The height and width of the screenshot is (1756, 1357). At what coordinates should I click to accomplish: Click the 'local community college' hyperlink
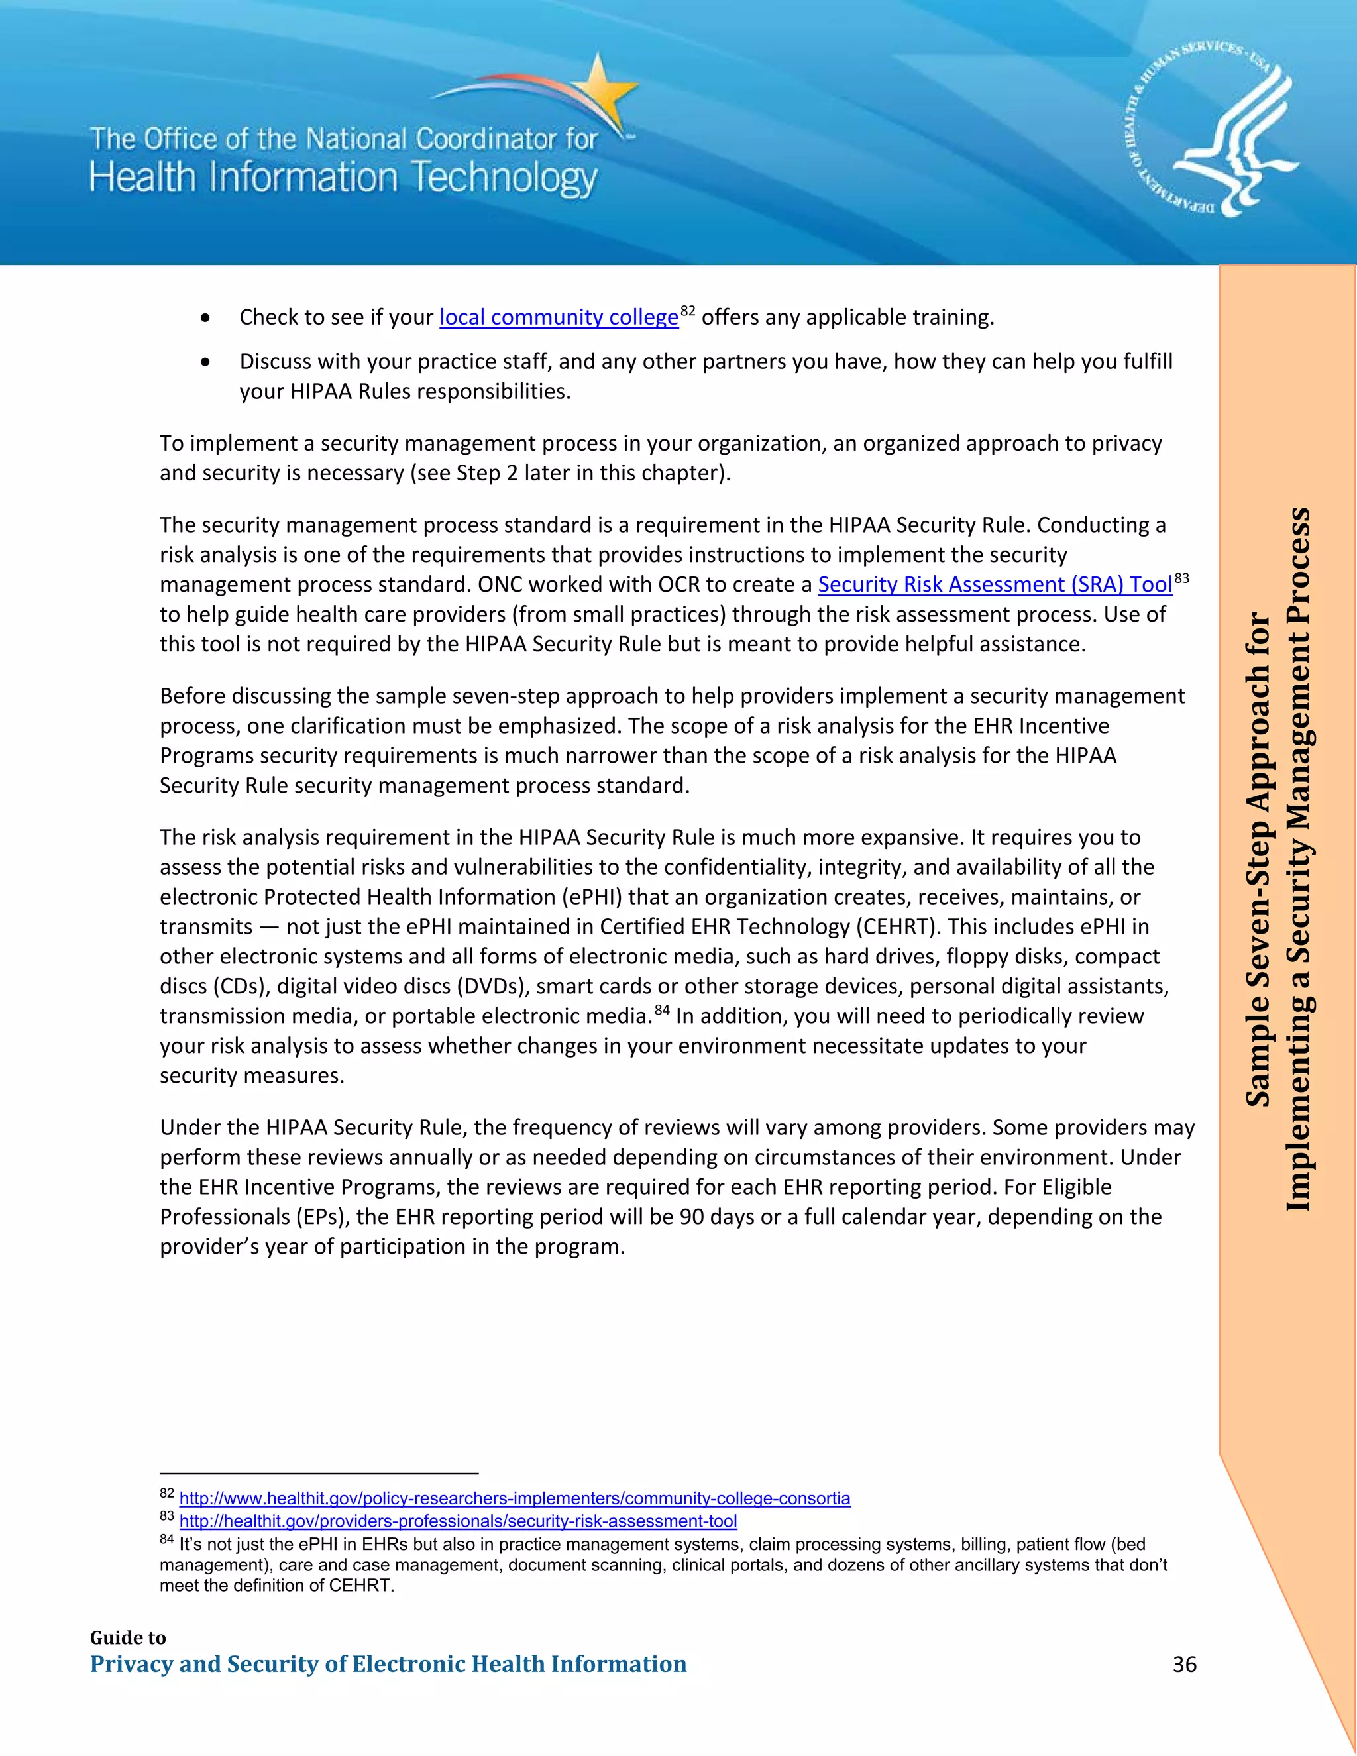click(559, 317)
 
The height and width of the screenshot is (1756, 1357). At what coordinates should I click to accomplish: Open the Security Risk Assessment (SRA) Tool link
click(995, 584)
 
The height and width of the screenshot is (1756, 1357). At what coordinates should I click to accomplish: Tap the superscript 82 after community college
click(687, 310)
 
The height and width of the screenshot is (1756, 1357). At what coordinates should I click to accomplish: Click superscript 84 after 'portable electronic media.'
click(662, 1010)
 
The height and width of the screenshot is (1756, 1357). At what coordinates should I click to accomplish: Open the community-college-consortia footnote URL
click(514, 1498)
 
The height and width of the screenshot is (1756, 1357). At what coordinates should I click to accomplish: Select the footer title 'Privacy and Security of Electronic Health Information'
click(388, 1663)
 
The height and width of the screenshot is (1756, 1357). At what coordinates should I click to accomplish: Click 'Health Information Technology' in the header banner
click(343, 178)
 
